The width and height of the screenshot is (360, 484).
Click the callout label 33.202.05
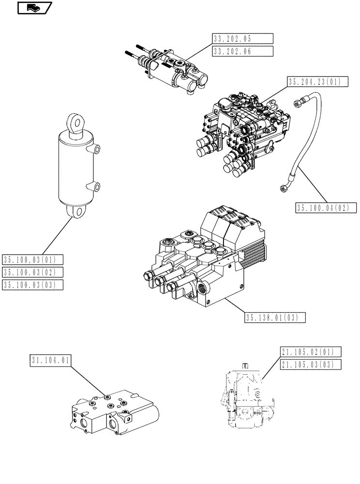[x=242, y=39]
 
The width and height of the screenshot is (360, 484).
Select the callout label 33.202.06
[x=242, y=51]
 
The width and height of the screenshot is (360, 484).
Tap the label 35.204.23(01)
[x=317, y=82]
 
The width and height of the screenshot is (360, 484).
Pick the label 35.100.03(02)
[x=33, y=272]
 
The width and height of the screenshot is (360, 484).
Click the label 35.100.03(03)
[x=33, y=285]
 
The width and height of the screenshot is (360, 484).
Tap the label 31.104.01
[x=50, y=360]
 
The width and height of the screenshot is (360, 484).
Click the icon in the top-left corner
[x=34, y=7]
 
